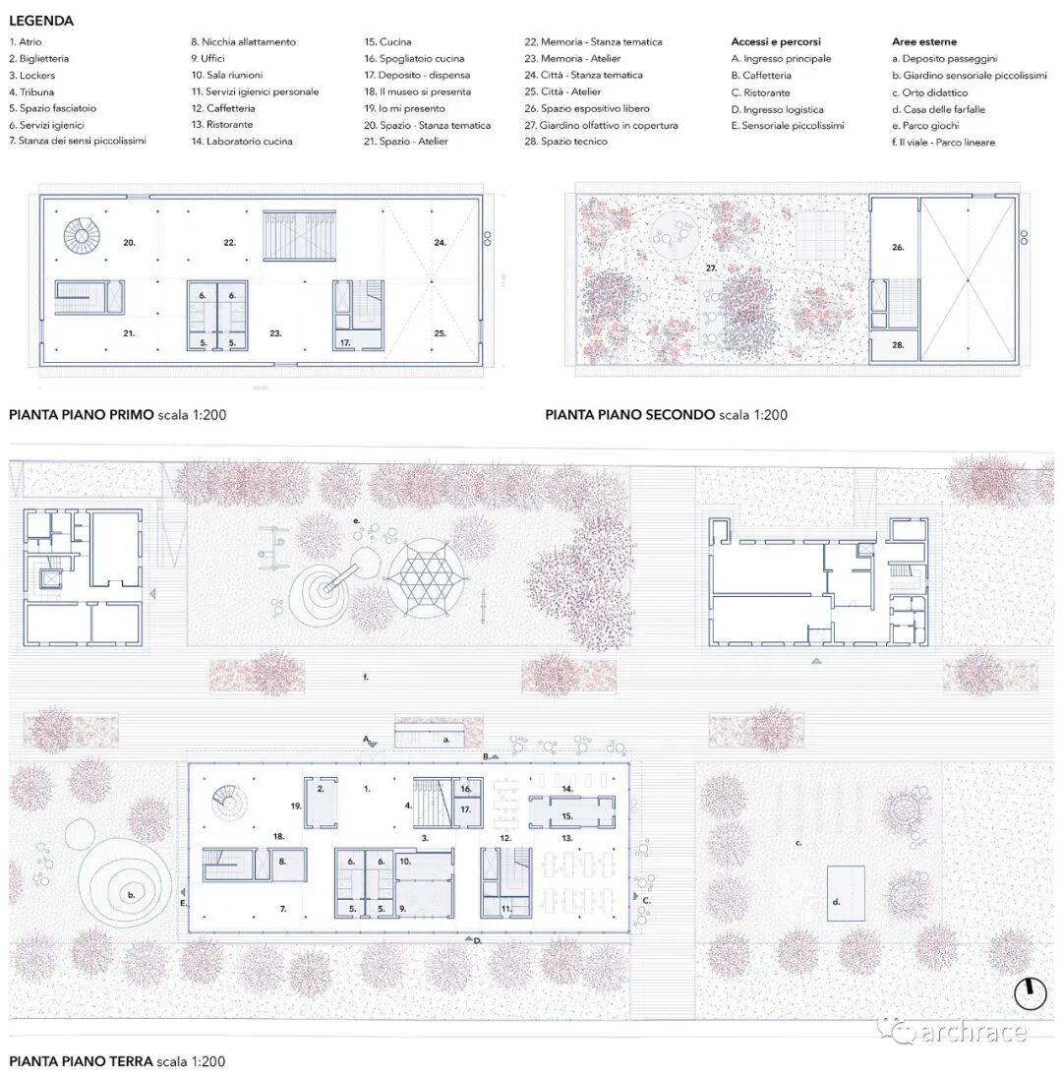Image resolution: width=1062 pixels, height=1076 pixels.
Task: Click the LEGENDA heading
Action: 41,21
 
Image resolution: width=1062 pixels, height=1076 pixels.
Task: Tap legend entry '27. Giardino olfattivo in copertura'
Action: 601,125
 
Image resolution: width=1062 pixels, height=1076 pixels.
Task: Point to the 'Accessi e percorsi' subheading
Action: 776,42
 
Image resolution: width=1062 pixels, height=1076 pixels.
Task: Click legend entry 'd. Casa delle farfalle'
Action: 938,109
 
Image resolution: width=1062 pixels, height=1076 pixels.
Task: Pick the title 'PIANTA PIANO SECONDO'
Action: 629,415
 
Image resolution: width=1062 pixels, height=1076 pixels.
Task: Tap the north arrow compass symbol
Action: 1031,992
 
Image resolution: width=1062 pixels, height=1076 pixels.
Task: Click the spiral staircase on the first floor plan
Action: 84,235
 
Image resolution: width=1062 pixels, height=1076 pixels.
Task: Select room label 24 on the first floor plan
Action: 440,242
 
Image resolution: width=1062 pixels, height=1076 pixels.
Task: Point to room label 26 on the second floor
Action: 897,248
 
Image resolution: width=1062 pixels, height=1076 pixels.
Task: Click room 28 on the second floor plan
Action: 896,345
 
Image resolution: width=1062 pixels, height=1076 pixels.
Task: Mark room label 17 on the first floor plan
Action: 346,342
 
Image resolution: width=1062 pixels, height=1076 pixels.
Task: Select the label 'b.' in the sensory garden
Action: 131,895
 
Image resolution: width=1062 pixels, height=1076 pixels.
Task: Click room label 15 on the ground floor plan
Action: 567,815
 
